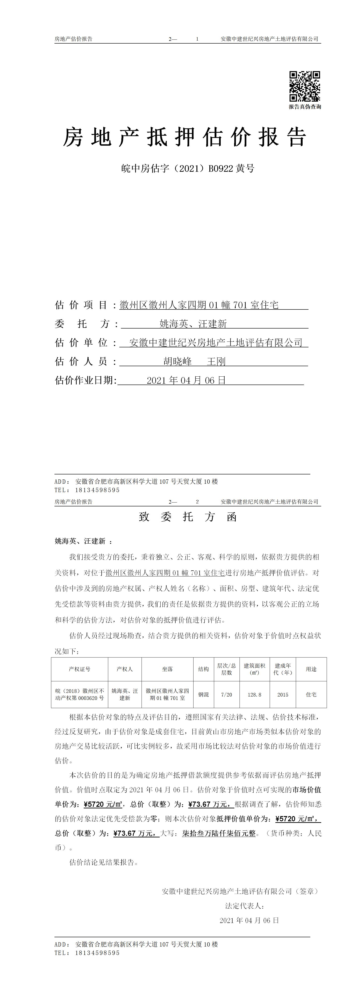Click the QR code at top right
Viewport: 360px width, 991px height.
[305, 86]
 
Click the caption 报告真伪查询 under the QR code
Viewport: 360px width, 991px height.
[305, 107]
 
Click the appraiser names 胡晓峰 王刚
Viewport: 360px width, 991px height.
[194, 362]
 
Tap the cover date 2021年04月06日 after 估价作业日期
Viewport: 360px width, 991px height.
[186, 380]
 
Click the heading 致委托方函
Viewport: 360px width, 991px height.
[188, 517]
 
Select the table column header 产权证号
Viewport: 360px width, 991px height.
[80, 669]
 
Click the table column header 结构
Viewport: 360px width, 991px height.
[203, 669]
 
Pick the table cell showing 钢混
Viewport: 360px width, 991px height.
[203, 694]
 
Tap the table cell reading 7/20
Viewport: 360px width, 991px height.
[227, 694]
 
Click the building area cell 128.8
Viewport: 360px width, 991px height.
[254, 694]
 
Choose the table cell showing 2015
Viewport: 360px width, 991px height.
[283, 694]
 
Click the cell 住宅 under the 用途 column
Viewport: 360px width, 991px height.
[311, 694]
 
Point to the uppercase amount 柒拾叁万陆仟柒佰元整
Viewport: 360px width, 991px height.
[219, 833]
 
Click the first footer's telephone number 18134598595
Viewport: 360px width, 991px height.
[98, 490]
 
